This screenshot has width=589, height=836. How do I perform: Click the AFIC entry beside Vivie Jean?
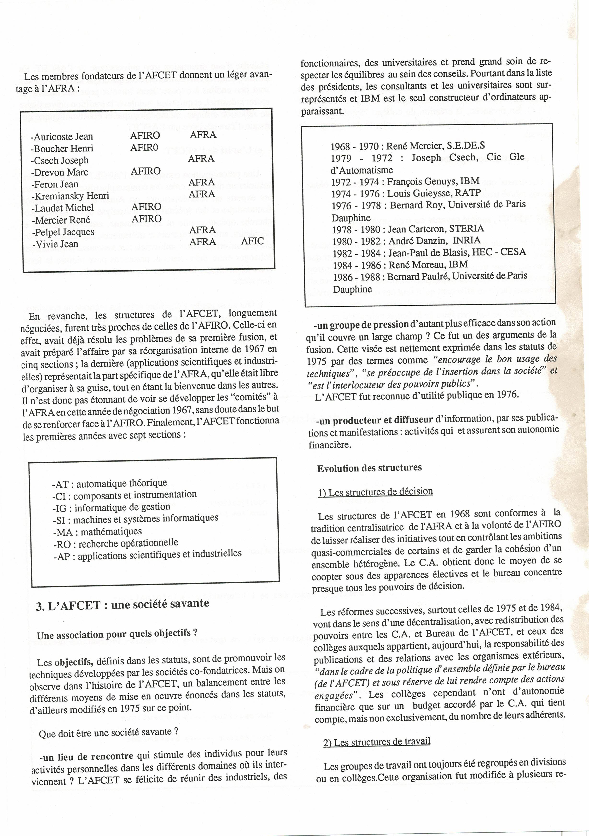tap(252, 241)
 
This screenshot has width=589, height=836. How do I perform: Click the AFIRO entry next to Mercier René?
tap(146, 219)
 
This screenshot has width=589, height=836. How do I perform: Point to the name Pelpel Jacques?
tap(63, 232)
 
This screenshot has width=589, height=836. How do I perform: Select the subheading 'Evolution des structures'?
tap(369, 468)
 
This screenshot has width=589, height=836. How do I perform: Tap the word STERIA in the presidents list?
tap(467, 229)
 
